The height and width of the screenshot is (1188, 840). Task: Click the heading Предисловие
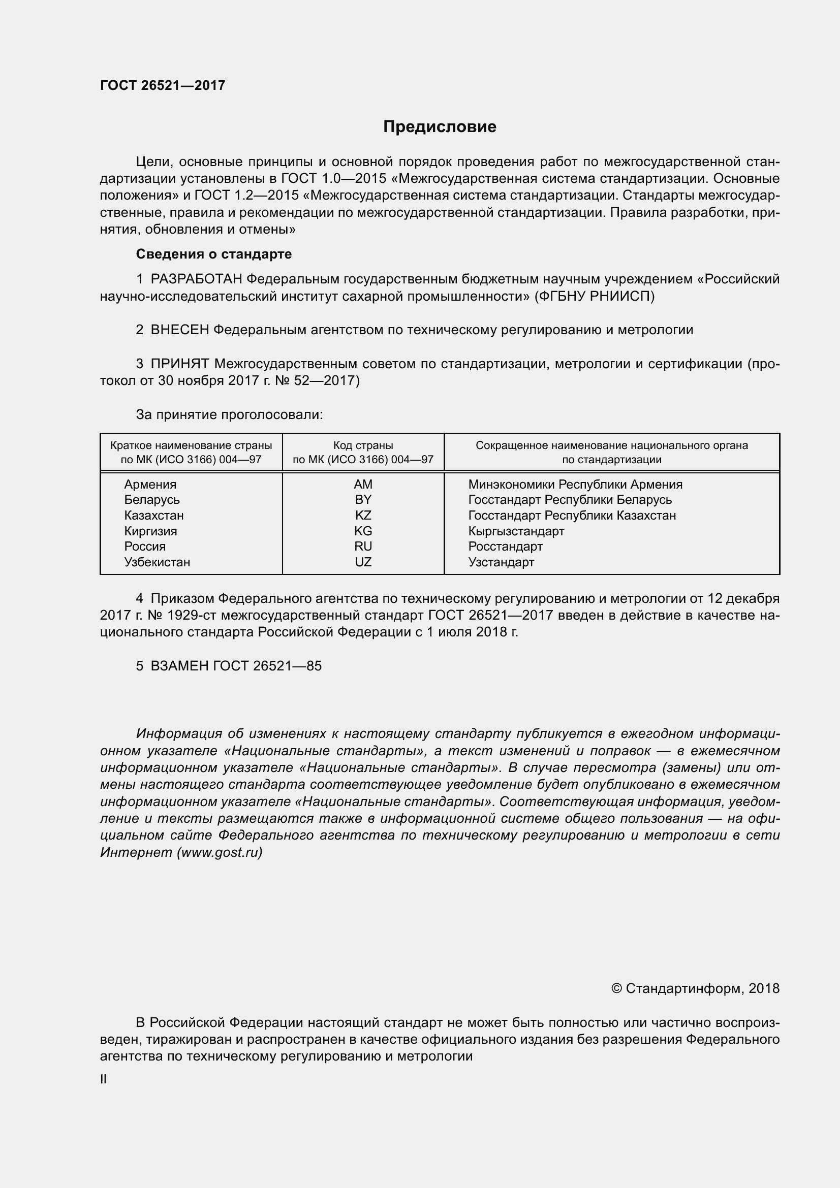440,127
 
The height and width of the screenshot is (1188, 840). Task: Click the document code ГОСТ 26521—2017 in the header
163,86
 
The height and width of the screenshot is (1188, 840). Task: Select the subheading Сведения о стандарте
214,254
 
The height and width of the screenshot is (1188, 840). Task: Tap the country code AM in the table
363,485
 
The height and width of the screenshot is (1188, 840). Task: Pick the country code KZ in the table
363,516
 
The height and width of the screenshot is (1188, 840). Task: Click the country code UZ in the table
363,562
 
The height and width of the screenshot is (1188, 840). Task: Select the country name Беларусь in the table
151,500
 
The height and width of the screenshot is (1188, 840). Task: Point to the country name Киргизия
150,531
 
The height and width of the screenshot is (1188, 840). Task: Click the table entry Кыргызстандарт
516,531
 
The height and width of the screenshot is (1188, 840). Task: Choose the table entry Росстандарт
505,547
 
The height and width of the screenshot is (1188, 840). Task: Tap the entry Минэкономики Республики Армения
575,485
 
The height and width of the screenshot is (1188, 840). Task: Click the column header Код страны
363,445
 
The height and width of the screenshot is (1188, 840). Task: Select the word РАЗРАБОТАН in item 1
196,279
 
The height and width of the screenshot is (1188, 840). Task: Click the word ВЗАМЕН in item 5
179,666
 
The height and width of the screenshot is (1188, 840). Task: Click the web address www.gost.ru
219,852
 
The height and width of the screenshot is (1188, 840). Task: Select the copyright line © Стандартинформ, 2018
695,989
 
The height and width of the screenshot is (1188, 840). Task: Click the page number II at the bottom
104,1079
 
